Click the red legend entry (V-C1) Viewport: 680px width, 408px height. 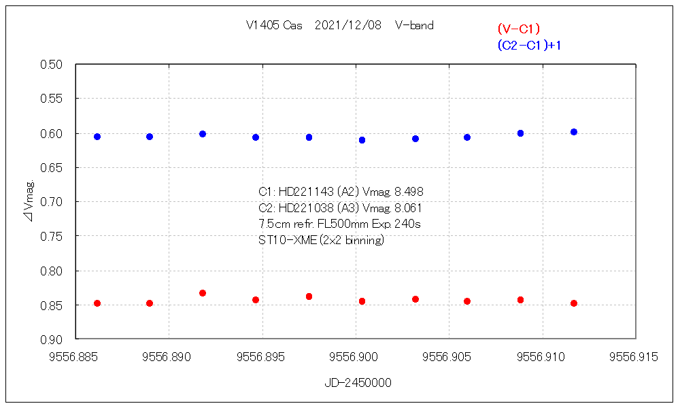(518, 29)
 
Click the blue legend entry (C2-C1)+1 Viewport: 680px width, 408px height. (529, 45)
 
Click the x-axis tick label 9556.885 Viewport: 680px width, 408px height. (76, 356)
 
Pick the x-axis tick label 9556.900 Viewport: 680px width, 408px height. (356, 356)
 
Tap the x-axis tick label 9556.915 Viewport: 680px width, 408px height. (634, 356)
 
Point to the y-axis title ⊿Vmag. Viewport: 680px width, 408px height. (28, 202)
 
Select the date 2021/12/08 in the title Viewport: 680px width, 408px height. (348, 26)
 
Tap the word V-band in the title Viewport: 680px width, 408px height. (414, 26)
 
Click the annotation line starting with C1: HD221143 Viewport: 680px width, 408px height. (341, 192)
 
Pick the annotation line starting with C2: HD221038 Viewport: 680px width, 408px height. (341, 208)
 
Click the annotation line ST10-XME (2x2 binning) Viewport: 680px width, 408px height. (321, 240)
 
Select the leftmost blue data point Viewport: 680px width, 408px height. (97, 137)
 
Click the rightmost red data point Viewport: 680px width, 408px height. (574, 303)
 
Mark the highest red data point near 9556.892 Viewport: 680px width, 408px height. (203, 293)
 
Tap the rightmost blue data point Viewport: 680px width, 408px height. (574, 132)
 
